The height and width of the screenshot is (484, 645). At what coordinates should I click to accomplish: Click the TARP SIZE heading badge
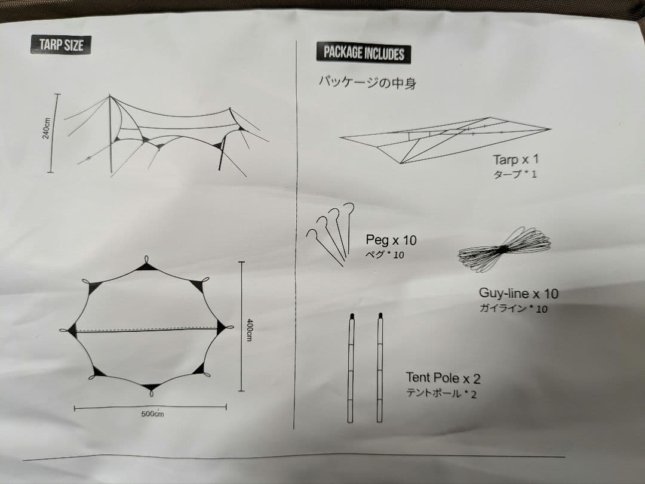(61, 45)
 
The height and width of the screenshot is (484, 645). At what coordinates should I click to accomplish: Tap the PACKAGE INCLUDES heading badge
(364, 53)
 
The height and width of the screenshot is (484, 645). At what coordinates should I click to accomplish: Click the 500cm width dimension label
(152, 414)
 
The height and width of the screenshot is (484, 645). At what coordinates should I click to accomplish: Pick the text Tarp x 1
(516, 159)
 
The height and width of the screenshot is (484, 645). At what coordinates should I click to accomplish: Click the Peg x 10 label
(391, 240)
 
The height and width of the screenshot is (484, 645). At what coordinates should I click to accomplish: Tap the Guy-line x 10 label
(518, 294)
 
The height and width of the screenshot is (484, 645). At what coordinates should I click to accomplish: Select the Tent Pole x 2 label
(443, 378)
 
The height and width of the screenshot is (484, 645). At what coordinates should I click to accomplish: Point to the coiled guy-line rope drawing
(505, 248)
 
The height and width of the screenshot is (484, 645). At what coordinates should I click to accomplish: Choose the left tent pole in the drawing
(351, 367)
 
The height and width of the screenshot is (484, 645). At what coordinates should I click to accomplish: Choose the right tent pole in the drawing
(380, 367)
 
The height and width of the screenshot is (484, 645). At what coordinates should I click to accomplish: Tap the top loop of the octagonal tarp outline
(147, 260)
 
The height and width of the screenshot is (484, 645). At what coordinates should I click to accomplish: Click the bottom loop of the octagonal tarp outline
(152, 393)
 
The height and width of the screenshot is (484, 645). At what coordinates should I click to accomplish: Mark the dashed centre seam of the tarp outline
(146, 329)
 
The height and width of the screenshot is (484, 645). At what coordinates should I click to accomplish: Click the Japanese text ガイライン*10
(513, 309)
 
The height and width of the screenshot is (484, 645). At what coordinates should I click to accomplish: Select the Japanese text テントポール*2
(441, 393)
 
